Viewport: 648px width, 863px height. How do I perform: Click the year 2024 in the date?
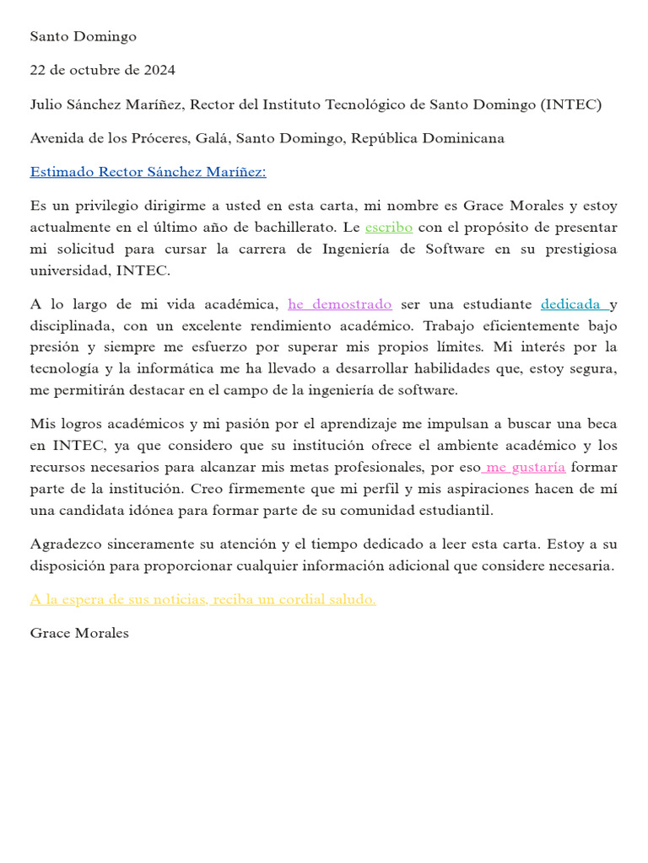pos(159,70)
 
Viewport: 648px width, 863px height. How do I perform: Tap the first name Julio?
pos(47,105)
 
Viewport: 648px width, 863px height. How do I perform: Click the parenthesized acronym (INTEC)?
pos(572,105)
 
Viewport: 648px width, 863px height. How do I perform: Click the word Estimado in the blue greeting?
pos(62,172)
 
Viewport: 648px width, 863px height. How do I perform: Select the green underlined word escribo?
pos(389,228)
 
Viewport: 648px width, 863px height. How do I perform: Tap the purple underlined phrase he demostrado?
pos(340,304)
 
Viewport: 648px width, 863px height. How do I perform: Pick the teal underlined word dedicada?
pos(571,304)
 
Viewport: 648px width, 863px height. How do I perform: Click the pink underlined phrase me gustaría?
pos(525,468)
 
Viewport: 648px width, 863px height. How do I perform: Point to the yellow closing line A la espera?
pos(202,599)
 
